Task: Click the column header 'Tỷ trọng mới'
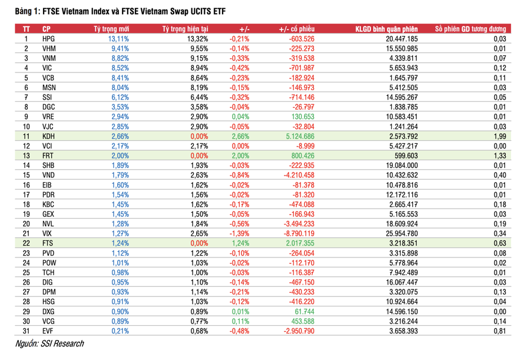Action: click(111, 29)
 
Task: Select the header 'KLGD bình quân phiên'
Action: click(386, 29)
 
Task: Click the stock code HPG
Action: click(49, 39)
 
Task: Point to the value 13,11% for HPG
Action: click(118, 39)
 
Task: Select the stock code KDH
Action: click(49, 136)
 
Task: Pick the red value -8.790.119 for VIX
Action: click(299, 233)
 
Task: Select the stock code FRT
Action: click(48, 156)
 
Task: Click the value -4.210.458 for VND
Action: click(299, 175)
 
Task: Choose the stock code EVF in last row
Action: click(48, 331)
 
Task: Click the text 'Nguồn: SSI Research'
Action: click(49, 344)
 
